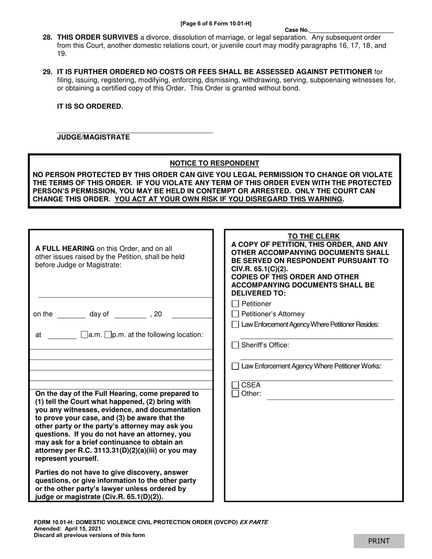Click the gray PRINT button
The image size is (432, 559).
point(379,541)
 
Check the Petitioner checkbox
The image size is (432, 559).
point(235,304)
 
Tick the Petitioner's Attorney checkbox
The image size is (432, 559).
point(235,314)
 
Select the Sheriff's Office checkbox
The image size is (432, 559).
point(235,345)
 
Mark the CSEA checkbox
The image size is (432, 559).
point(235,385)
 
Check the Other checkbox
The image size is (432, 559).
point(235,394)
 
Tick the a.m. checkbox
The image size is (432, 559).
point(84,335)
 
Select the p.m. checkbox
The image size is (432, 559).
point(108,335)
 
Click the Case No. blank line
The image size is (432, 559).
point(351,30)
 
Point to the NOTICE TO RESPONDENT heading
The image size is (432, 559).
point(214,163)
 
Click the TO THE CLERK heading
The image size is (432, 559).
point(313,236)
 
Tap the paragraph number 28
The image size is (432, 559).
point(47,37)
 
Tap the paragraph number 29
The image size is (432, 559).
point(47,71)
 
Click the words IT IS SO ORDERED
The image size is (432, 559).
point(90,106)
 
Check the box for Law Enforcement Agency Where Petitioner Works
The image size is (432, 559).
point(235,366)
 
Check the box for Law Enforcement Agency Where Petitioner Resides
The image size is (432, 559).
point(235,324)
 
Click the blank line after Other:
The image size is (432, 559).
point(330,397)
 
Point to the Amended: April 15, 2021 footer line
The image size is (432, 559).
point(67,529)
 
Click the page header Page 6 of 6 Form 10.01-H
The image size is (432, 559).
point(216,23)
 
